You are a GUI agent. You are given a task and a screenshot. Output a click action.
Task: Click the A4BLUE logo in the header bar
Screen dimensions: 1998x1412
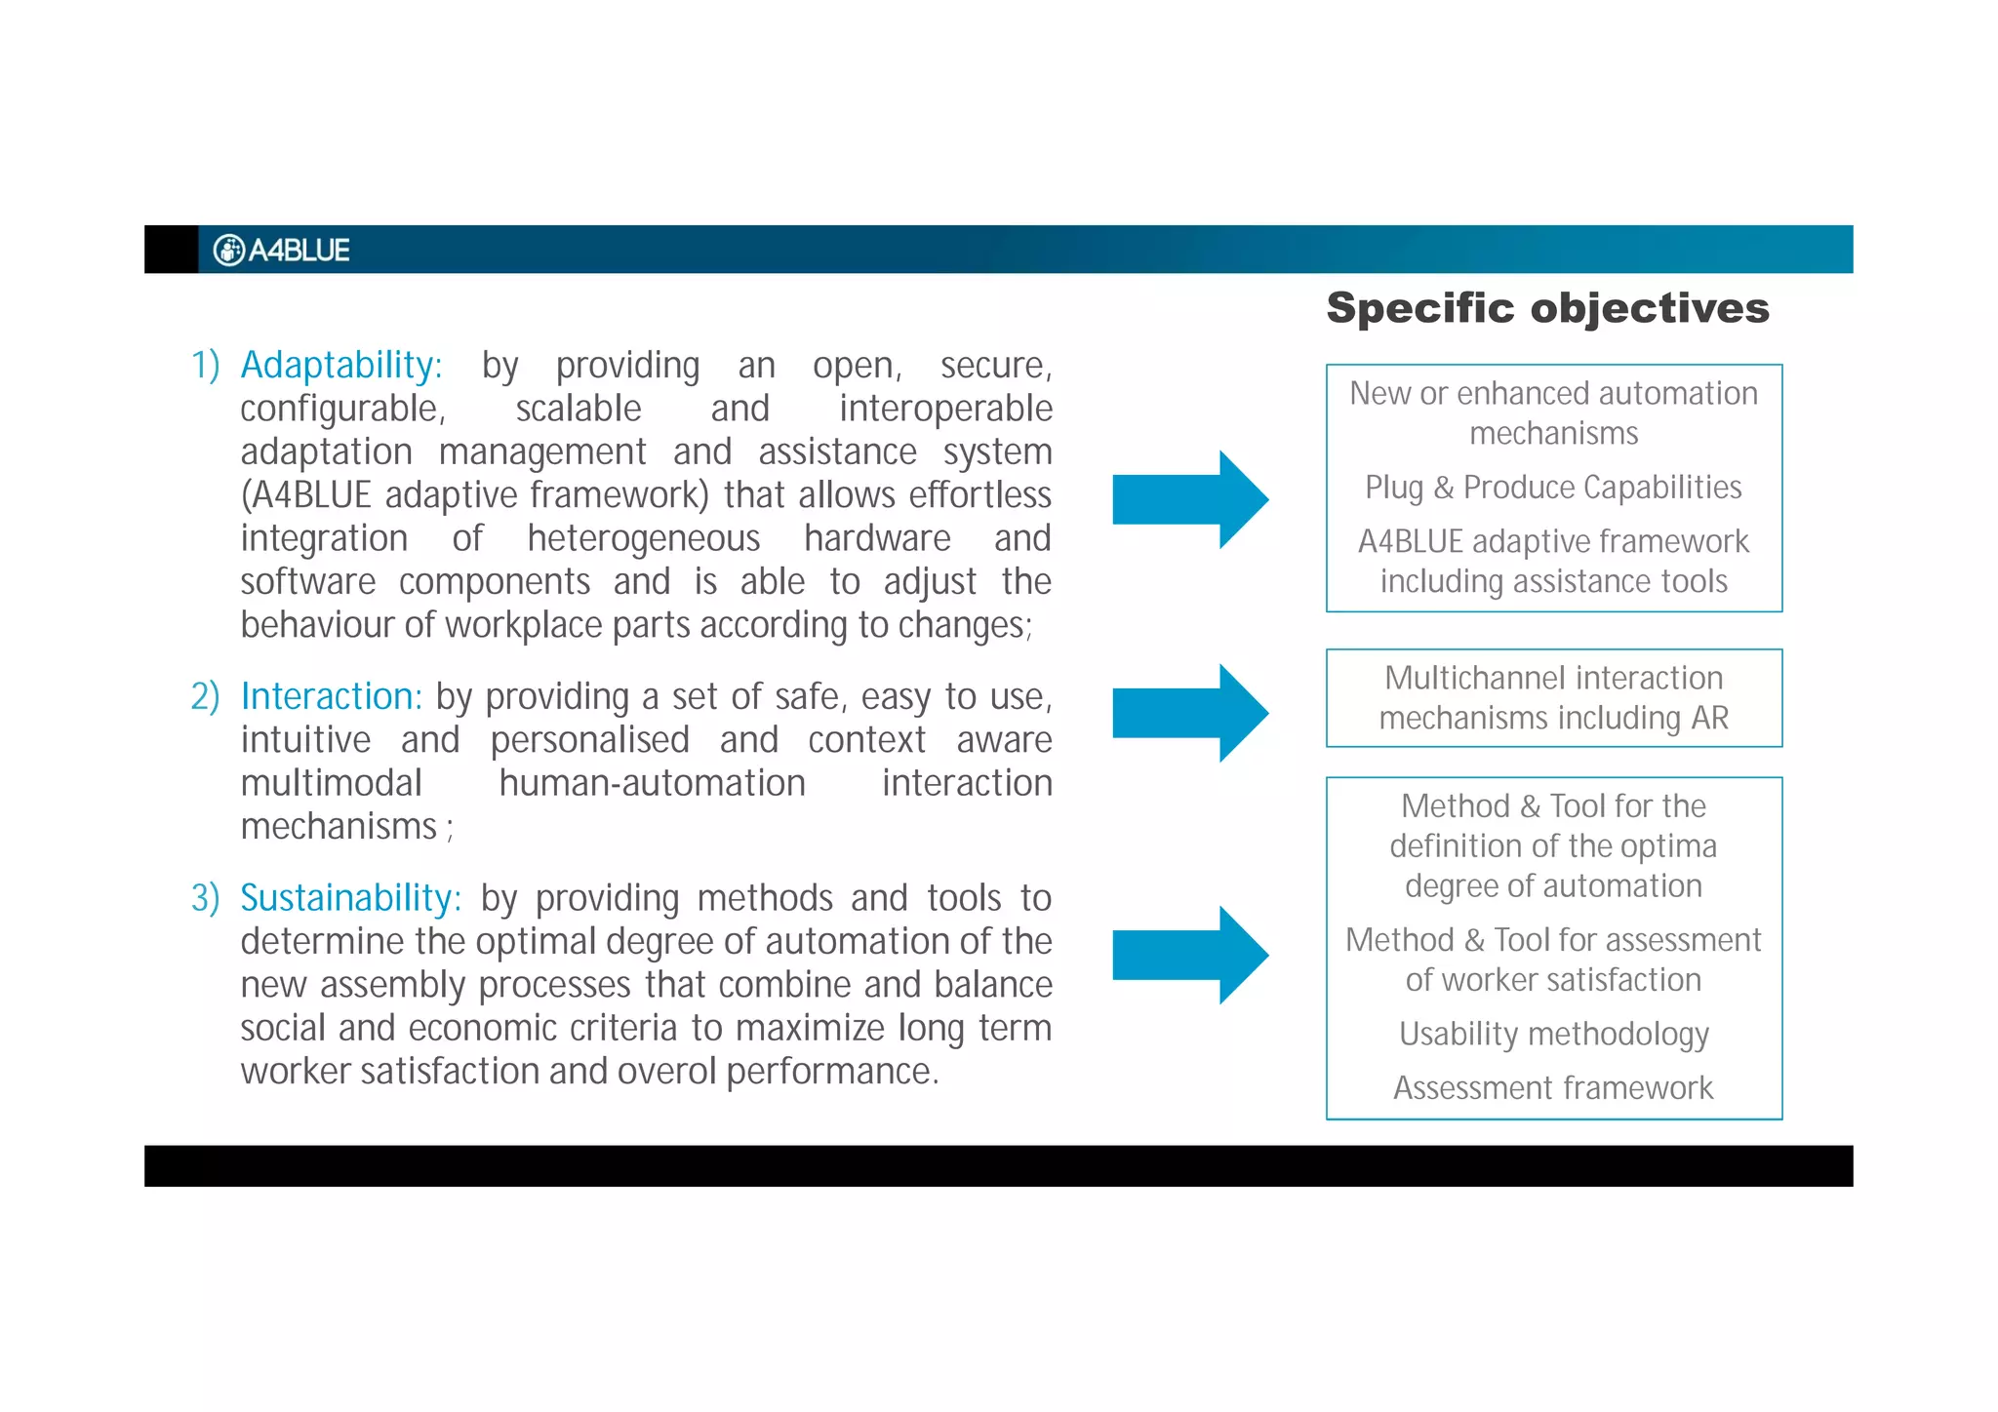281,251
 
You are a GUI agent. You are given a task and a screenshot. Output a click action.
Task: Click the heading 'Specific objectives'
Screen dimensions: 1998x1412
1547,308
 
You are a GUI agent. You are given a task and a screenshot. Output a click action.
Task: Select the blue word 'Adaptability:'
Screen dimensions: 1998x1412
341,366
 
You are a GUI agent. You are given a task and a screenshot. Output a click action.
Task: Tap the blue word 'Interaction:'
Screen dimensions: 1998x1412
331,697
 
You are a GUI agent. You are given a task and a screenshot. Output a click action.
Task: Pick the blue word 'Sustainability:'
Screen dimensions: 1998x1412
350,898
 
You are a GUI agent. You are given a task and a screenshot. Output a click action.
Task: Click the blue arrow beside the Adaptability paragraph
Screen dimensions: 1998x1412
1189,499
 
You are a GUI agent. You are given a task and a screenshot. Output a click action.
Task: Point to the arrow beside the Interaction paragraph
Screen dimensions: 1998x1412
1189,713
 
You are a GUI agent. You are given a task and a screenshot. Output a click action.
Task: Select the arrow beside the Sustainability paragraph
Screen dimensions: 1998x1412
1189,955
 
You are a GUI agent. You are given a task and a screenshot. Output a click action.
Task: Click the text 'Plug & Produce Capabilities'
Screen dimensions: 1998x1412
1553,488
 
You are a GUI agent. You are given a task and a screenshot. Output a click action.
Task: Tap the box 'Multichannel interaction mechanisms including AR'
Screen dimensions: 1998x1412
1553,698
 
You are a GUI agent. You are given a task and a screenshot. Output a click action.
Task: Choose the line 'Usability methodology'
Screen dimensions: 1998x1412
1553,1034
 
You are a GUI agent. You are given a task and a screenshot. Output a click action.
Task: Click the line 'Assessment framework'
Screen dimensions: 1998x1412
1553,1088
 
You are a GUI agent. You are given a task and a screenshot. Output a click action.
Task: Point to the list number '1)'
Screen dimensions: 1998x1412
205,366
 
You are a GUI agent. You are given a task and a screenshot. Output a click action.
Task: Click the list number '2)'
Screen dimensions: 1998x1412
205,697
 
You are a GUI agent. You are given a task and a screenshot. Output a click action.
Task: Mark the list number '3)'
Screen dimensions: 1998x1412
205,898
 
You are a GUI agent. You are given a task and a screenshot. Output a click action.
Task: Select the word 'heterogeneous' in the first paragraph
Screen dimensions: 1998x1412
643,539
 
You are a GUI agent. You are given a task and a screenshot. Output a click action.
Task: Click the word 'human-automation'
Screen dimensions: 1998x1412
652,784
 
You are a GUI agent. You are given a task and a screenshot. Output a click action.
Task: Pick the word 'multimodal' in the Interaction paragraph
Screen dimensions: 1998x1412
331,784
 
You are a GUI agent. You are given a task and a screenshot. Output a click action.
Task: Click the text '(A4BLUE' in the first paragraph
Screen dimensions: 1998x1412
305,496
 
